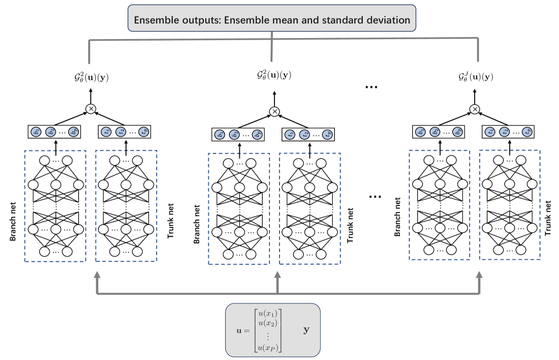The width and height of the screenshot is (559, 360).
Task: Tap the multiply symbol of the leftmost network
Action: point(91,108)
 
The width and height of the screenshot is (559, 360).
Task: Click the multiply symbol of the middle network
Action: point(274,111)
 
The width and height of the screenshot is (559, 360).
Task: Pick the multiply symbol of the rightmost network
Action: point(474,109)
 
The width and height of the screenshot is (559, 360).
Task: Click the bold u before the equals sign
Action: point(239,331)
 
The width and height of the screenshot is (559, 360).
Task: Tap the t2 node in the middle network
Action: point(304,134)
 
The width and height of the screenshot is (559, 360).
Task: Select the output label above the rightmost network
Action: point(476,77)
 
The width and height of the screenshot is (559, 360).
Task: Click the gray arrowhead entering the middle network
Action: point(277,277)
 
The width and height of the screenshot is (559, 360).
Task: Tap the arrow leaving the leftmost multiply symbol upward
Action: point(91,95)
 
